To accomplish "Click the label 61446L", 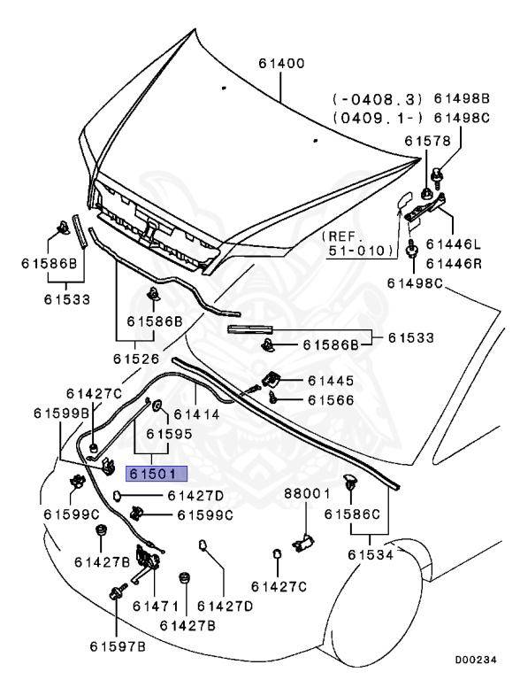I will (x=455, y=243).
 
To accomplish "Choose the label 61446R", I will (x=455, y=263).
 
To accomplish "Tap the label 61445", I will (x=331, y=381).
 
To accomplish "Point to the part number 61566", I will (x=331, y=400).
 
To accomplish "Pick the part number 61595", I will (x=169, y=434).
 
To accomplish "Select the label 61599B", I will (x=62, y=413).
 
